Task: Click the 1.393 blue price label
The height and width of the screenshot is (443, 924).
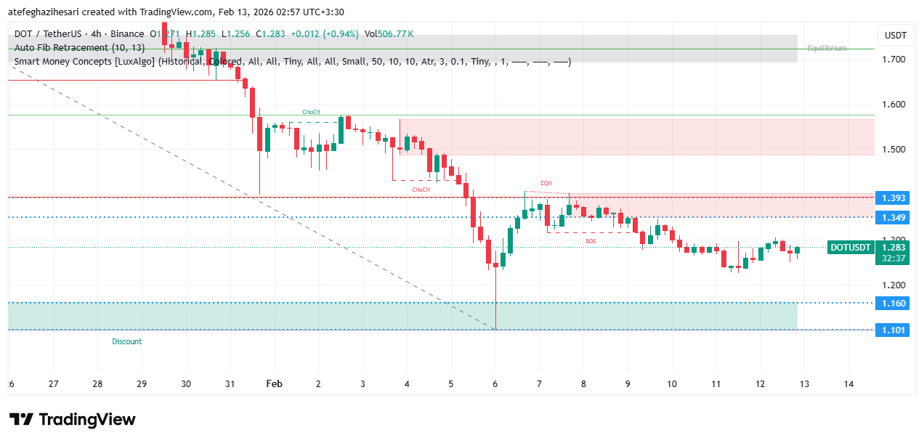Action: pos(893,198)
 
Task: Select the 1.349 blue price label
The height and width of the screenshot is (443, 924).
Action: pos(893,217)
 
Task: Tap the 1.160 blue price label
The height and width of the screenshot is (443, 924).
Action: pos(893,303)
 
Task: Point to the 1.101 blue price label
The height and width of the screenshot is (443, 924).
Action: pos(893,330)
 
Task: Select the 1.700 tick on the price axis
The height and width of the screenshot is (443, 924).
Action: pos(893,59)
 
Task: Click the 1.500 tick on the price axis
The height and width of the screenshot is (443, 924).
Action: pos(893,150)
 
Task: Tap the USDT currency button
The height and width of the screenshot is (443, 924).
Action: pos(895,35)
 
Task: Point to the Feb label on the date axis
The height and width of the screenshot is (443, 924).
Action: pos(274,384)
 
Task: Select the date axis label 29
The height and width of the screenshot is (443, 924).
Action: pos(142,384)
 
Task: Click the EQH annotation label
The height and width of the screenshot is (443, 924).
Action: pos(546,183)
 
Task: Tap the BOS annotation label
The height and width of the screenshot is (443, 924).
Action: pos(591,240)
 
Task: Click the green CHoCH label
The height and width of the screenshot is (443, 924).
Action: pos(311,112)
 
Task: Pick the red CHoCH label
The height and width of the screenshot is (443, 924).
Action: pos(421,190)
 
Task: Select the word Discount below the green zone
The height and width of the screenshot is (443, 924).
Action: pos(127,341)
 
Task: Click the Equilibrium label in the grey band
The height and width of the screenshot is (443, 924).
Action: pos(827,48)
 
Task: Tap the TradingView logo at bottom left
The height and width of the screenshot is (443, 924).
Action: pos(73,420)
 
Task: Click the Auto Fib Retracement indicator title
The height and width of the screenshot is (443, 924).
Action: pos(79,47)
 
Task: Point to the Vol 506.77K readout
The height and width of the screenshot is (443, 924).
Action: pos(389,33)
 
